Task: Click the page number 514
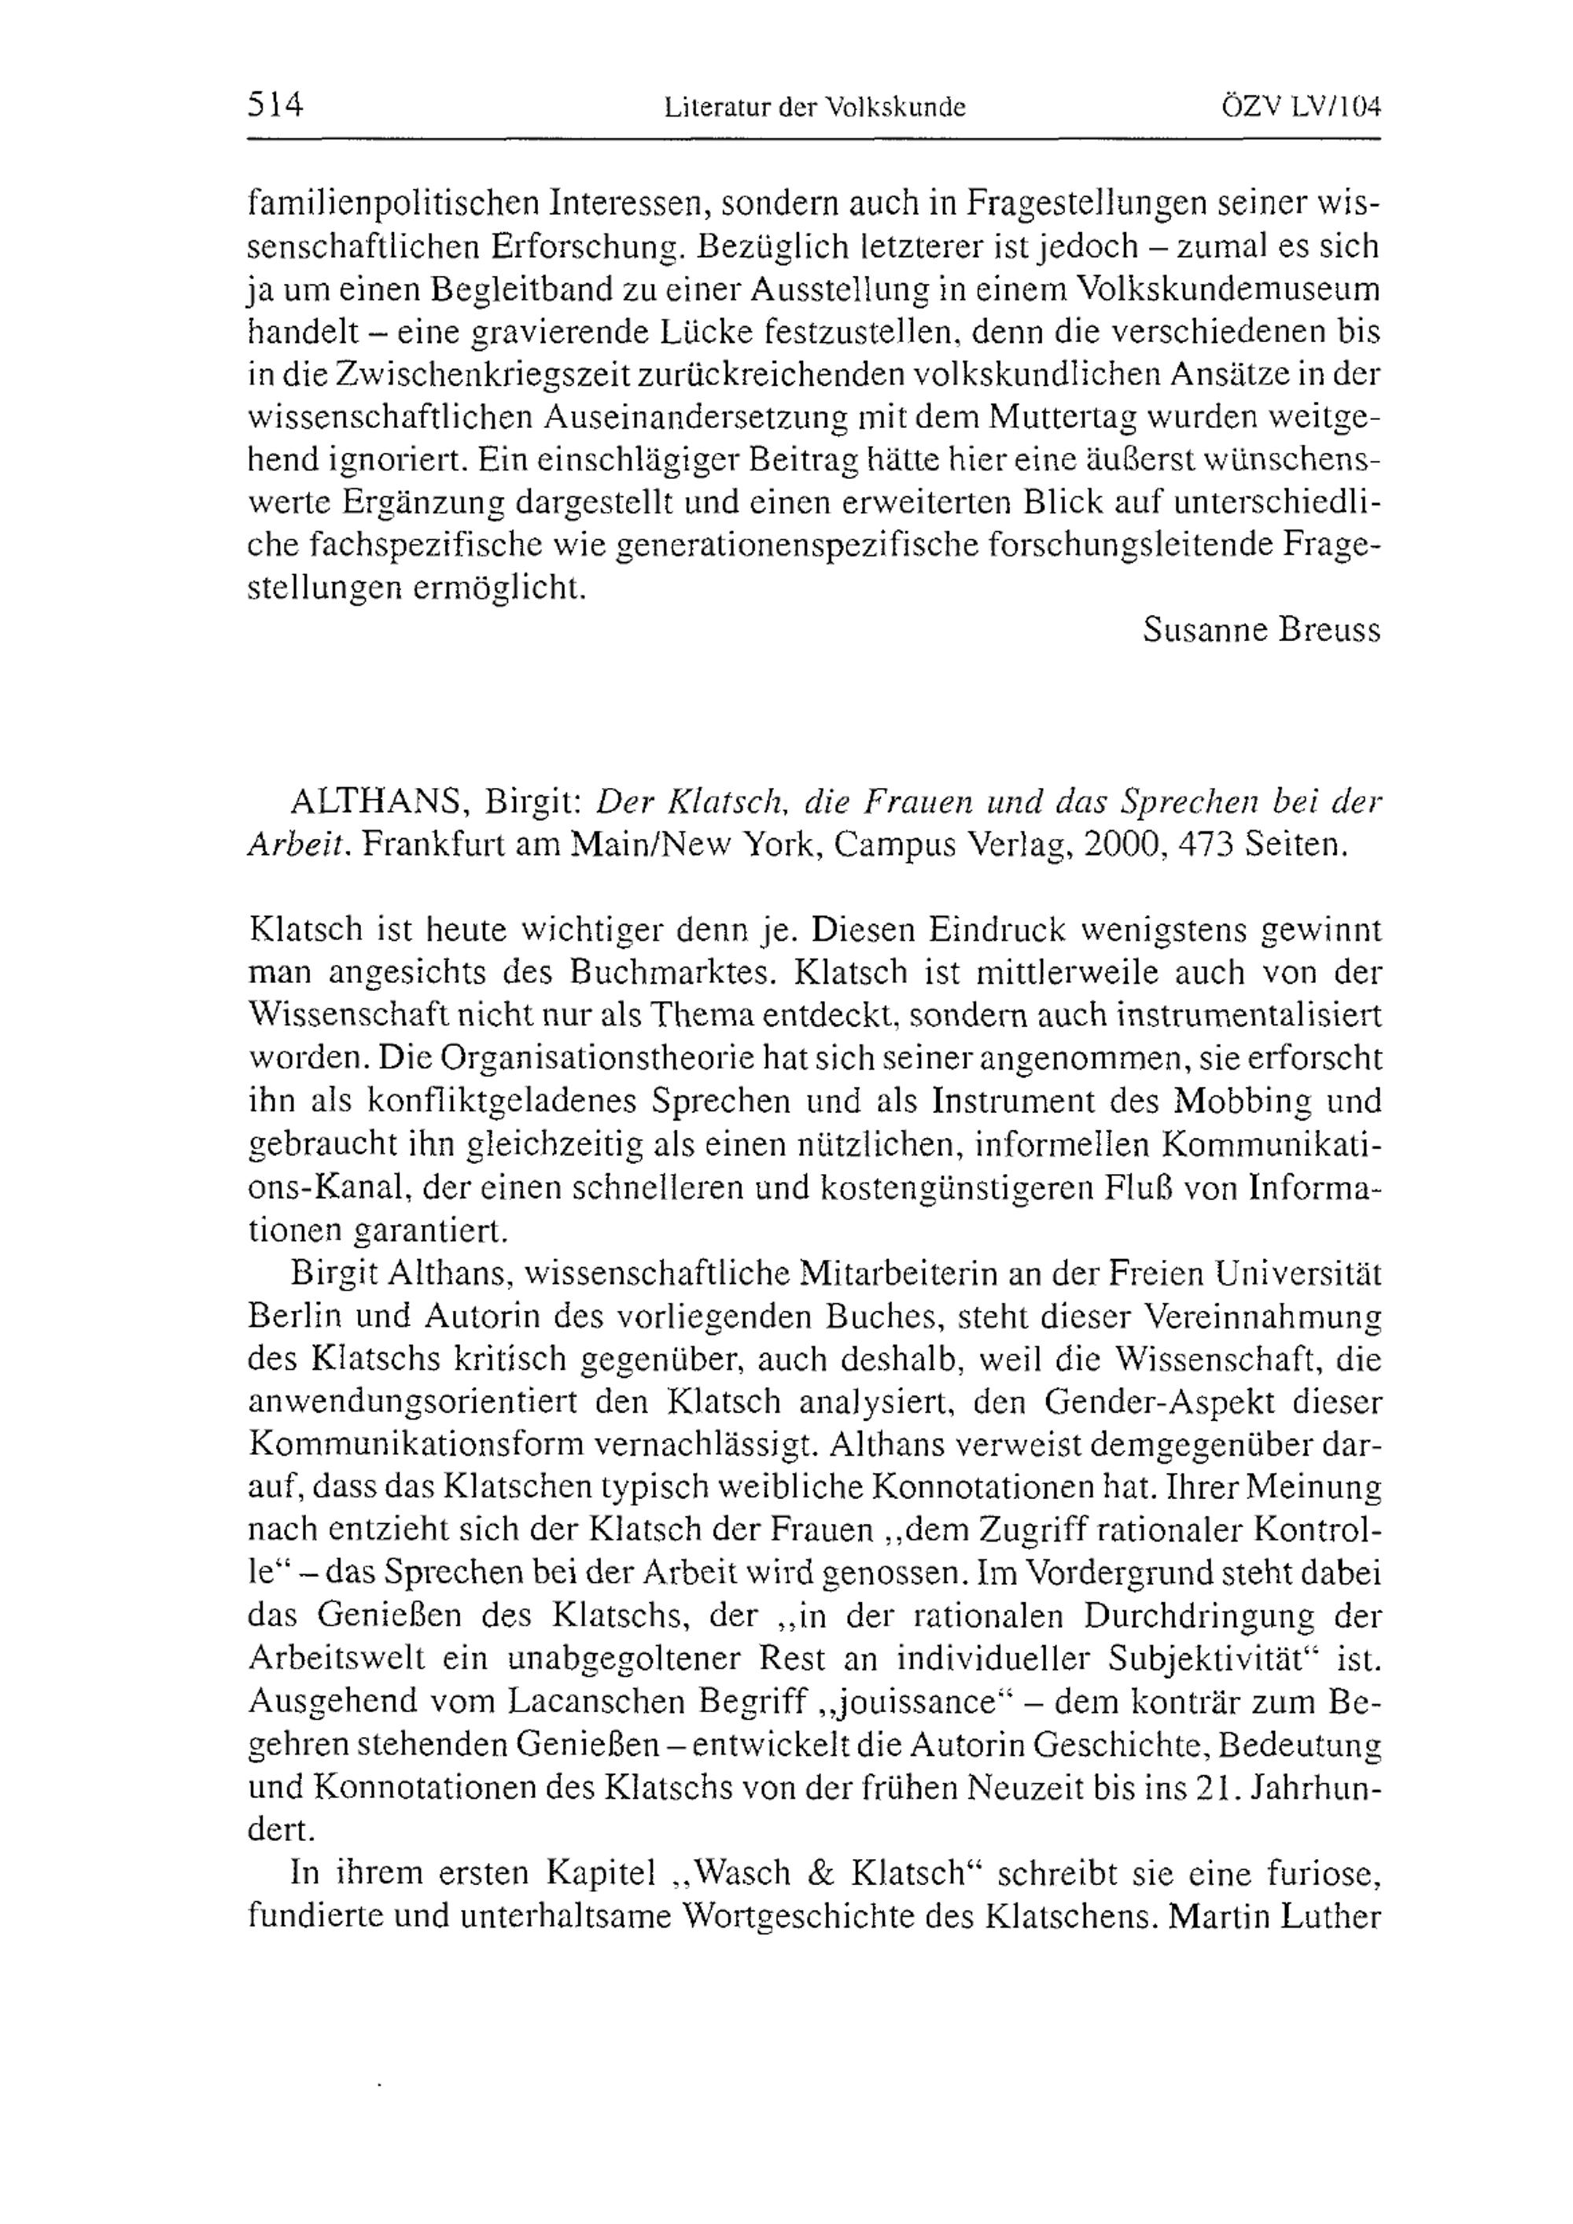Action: point(276,104)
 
